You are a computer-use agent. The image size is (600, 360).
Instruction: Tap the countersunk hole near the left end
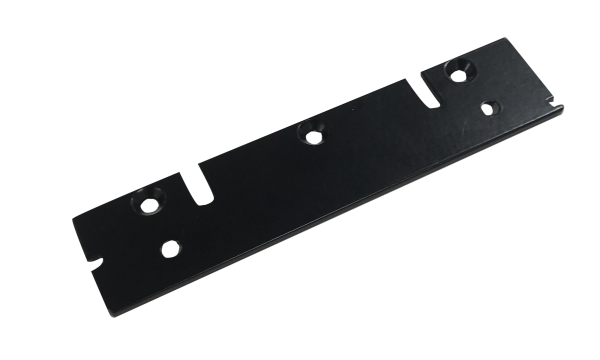coord(151,207)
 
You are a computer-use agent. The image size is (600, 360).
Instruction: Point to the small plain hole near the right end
coord(490,106)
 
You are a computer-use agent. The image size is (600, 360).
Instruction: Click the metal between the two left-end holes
coord(162,227)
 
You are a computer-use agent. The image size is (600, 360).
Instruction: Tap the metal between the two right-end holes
coord(478,89)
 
